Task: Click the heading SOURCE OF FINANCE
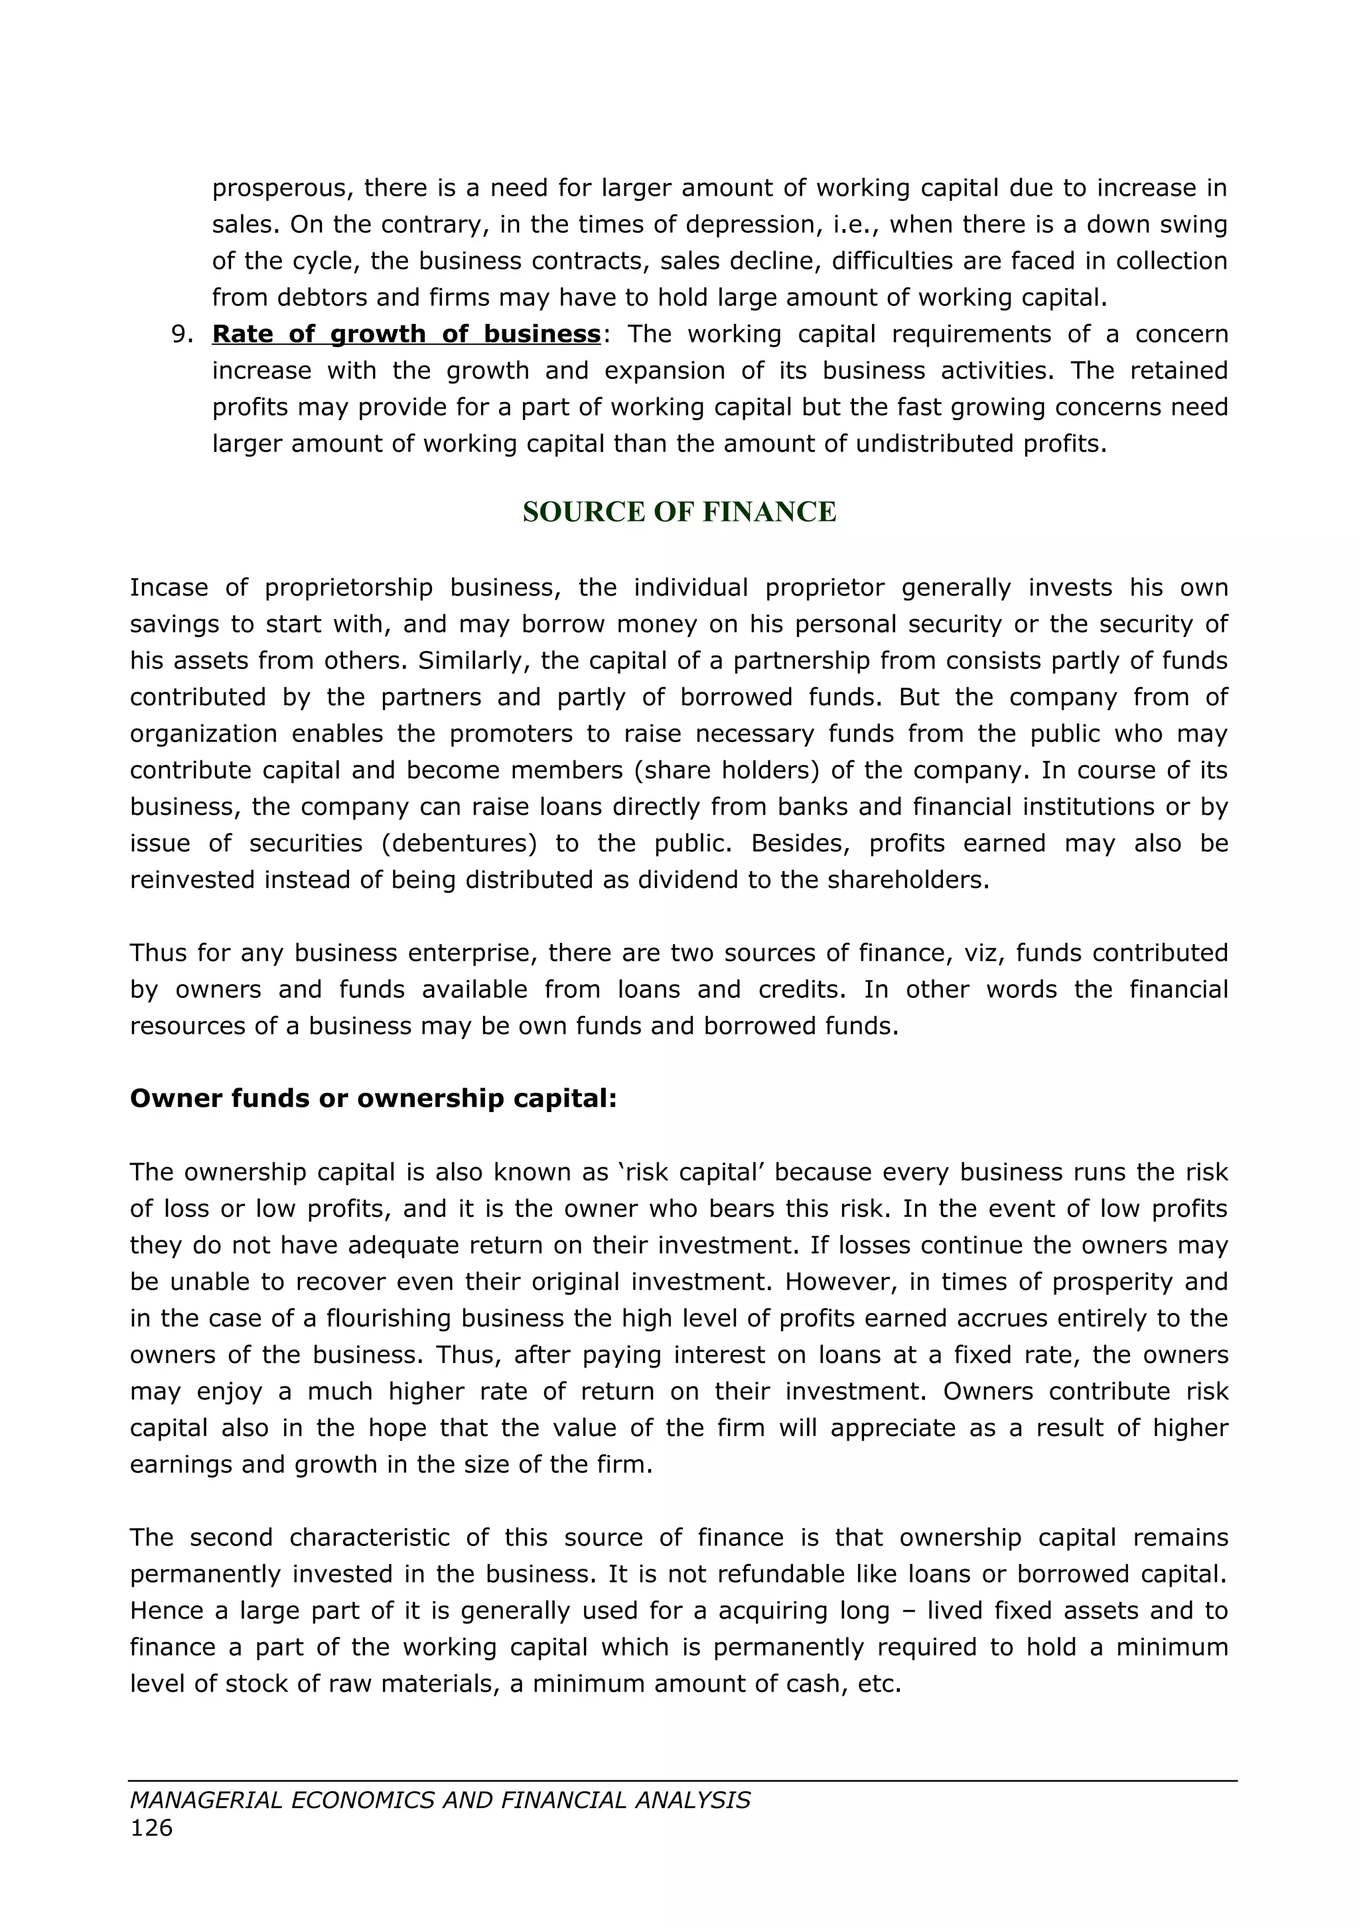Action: pyautogui.click(x=679, y=512)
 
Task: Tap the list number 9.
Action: pyautogui.click(x=182, y=334)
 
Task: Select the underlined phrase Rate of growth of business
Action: pyautogui.click(x=406, y=334)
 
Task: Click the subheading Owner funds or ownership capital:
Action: pyautogui.click(x=374, y=1099)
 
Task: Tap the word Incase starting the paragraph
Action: pyautogui.click(x=169, y=588)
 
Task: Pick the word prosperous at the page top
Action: pyautogui.click(x=279, y=188)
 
